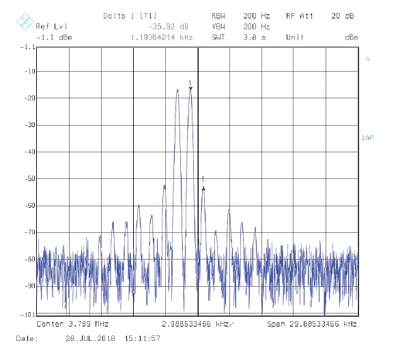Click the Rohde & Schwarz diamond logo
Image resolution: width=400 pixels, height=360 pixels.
click(x=25, y=21)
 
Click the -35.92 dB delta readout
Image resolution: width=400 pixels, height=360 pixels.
click(x=168, y=27)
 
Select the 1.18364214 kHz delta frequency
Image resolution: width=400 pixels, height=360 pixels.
click(x=162, y=38)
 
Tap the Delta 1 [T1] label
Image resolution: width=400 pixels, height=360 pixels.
click(x=130, y=16)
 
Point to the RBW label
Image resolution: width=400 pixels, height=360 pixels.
click(x=218, y=16)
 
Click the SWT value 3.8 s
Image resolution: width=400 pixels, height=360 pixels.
click(x=255, y=38)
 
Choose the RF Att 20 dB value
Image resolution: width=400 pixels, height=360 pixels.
click(x=343, y=16)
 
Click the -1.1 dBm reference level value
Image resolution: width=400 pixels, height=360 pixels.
click(x=54, y=38)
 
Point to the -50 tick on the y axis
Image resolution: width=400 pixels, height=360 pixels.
click(x=29, y=178)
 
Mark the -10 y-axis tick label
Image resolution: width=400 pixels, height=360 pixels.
click(x=29, y=71)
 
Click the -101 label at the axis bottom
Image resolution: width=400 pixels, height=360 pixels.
click(x=28, y=314)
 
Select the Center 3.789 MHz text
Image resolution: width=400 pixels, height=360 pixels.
click(x=72, y=324)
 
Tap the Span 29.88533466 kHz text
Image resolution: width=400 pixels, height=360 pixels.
click(x=312, y=324)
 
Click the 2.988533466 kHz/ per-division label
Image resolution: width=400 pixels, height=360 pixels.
click(x=197, y=324)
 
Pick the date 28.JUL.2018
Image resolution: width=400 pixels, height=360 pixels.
click(x=90, y=339)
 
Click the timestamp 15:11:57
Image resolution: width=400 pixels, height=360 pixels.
click(x=143, y=339)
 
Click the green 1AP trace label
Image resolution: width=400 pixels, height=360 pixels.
click(x=368, y=138)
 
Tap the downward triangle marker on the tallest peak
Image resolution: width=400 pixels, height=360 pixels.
click(x=190, y=89)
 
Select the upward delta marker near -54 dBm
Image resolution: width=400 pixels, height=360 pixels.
click(x=203, y=189)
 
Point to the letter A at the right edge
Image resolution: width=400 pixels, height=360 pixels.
click(x=367, y=59)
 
